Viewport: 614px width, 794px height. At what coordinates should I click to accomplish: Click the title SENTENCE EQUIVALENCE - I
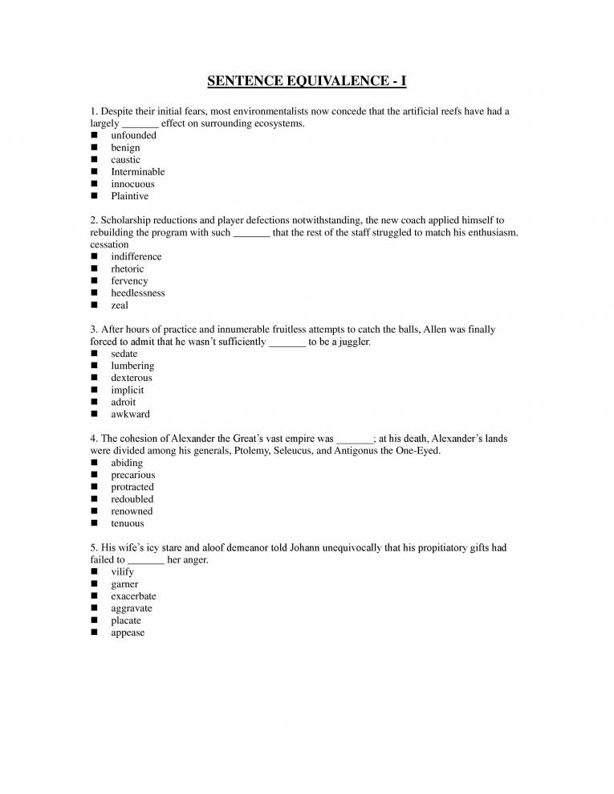(x=307, y=81)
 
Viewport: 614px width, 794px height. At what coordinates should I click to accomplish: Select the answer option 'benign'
(x=125, y=148)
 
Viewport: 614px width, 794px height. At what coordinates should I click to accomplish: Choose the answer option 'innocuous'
(x=132, y=184)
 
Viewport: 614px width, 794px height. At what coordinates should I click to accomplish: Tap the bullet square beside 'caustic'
(x=94, y=160)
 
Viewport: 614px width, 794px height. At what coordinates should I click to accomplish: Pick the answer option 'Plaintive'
(x=129, y=196)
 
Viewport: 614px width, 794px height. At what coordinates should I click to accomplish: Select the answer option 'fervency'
(x=129, y=281)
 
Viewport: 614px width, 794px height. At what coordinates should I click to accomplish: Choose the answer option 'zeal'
(x=120, y=305)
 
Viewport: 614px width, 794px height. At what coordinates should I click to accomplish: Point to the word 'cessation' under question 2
(x=109, y=244)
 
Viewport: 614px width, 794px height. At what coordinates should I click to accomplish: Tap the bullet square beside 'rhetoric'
(x=94, y=269)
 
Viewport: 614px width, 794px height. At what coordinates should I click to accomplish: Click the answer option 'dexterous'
(x=131, y=378)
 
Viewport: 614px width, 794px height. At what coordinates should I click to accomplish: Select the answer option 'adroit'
(x=124, y=402)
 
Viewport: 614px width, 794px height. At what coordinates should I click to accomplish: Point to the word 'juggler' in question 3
(x=353, y=342)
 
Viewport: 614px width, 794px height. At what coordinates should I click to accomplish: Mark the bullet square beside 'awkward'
(x=94, y=415)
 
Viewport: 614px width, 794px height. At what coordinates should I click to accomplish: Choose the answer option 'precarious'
(x=133, y=475)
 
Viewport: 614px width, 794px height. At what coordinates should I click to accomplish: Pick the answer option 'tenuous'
(x=128, y=523)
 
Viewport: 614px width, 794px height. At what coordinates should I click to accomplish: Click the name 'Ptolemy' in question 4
(x=254, y=451)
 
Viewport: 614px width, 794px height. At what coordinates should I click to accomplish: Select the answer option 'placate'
(x=126, y=620)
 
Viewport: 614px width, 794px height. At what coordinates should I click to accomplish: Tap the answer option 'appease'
(x=128, y=632)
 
